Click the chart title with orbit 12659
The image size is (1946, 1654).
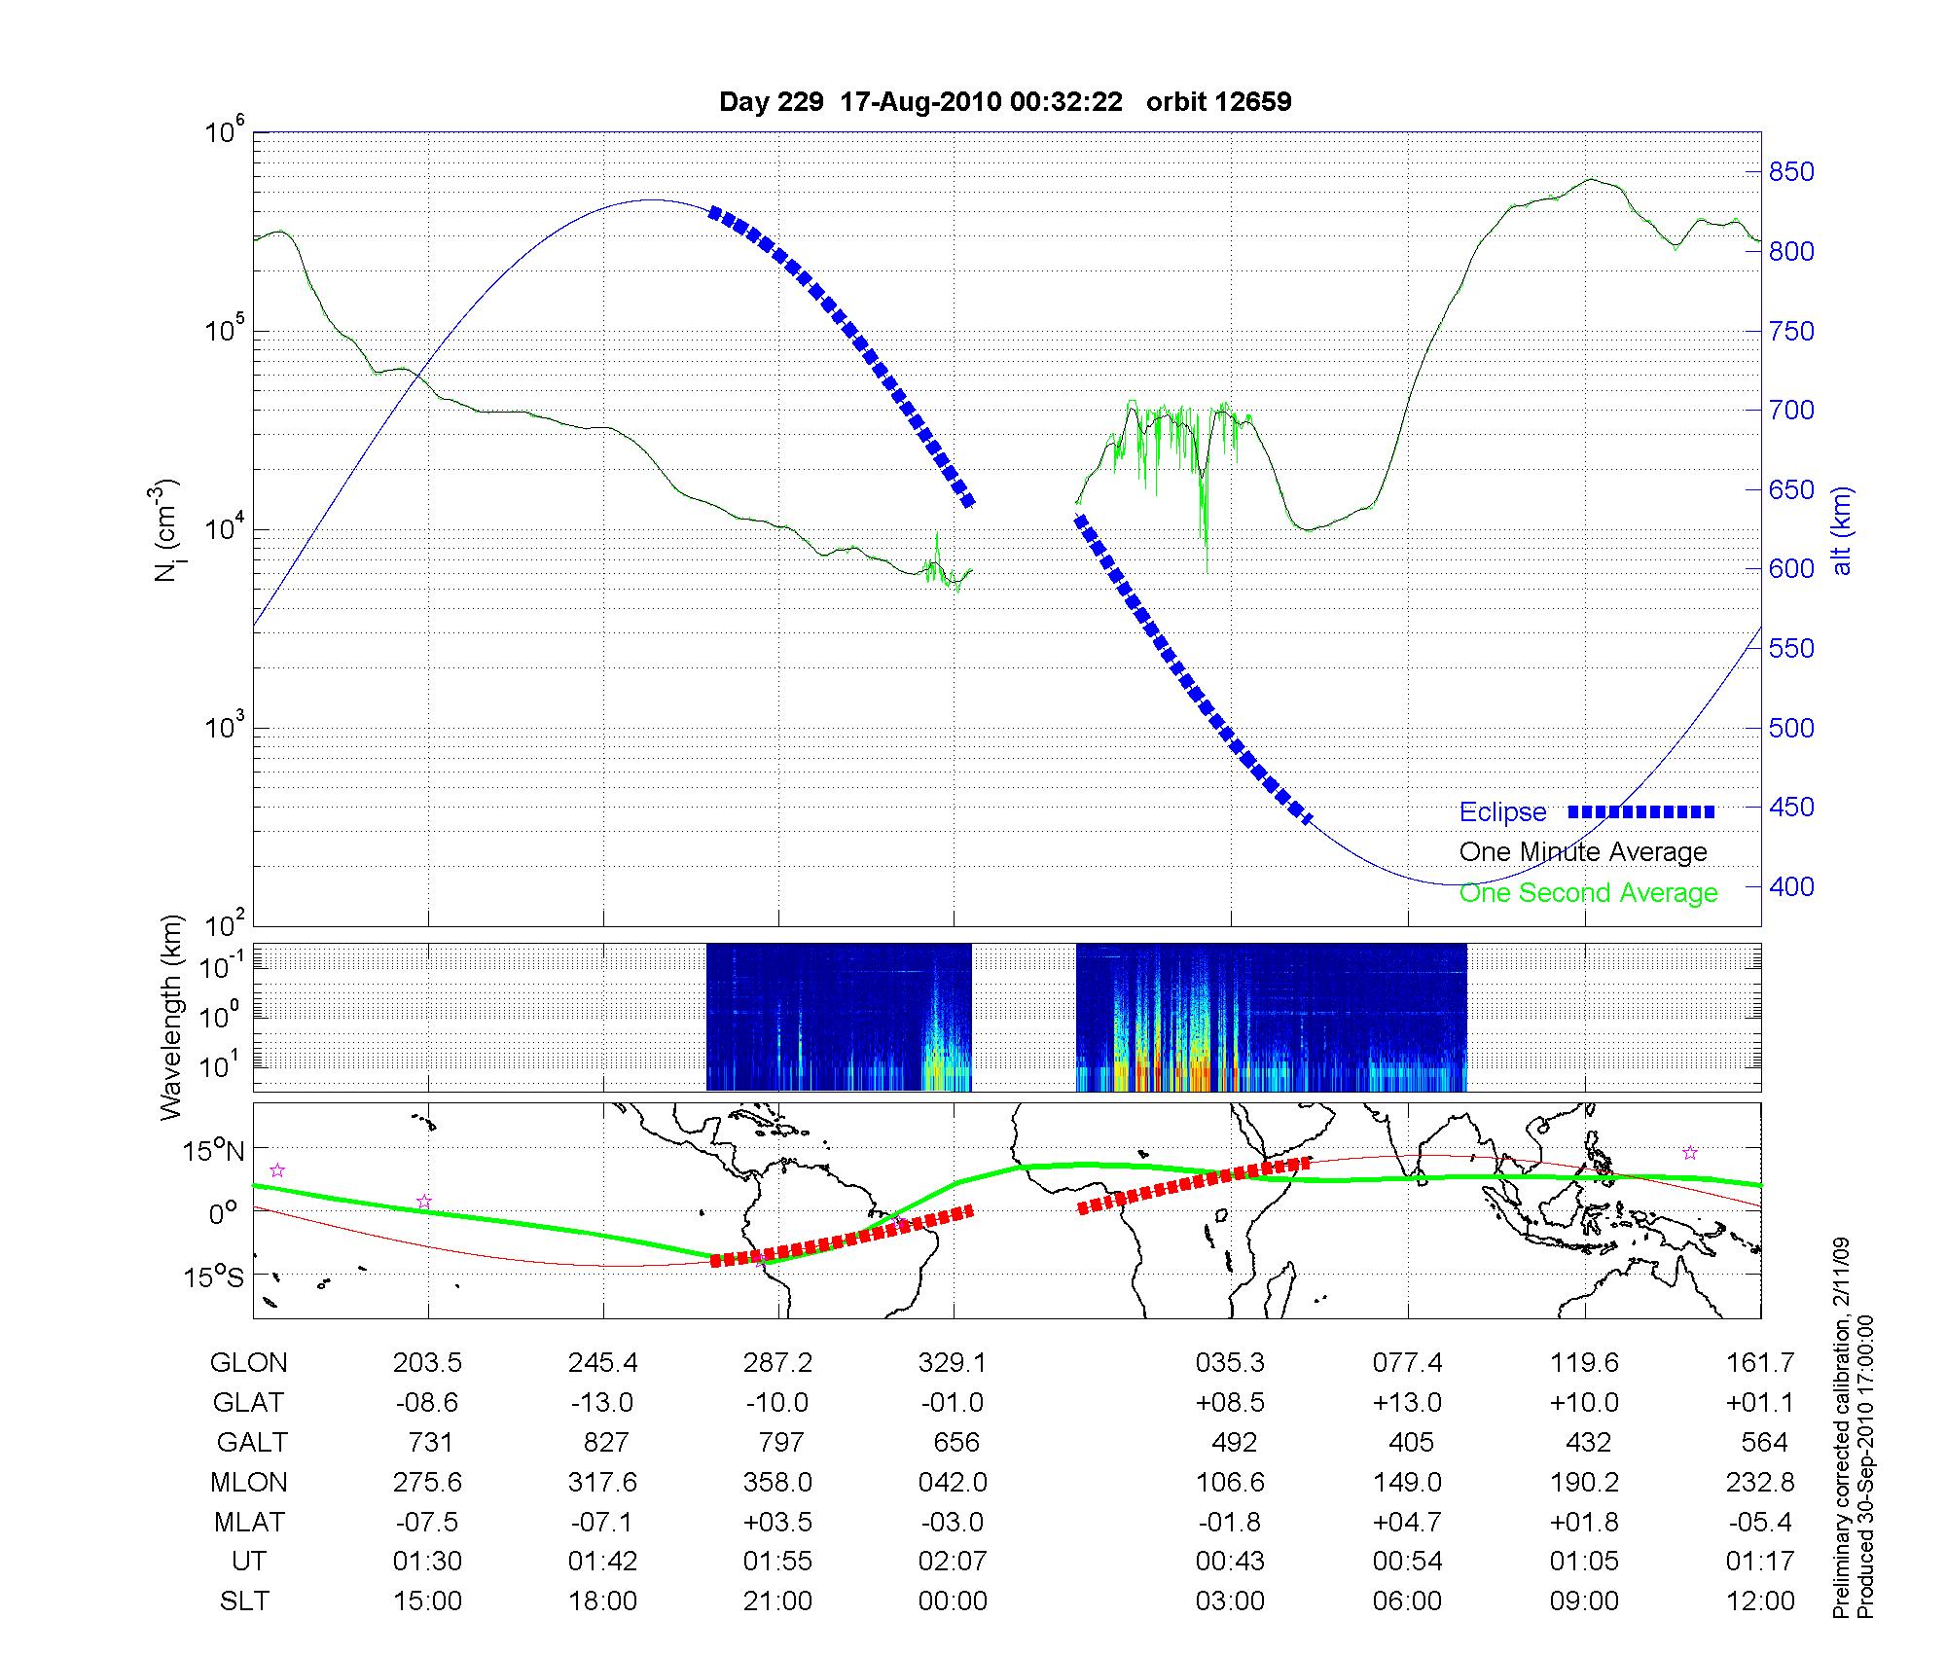[x=1005, y=102]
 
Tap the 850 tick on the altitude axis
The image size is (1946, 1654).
[x=1791, y=172]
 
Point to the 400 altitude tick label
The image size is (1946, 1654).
[x=1791, y=886]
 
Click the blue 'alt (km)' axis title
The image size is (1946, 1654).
[x=1842, y=531]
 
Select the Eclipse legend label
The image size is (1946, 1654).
[x=1502, y=812]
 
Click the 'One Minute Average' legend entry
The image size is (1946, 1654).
[x=1583, y=852]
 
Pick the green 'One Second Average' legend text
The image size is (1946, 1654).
[x=1588, y=893]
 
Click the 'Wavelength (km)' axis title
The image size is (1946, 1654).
[x=171, y=1018]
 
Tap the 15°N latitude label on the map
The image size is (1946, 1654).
[x=215, y=1152]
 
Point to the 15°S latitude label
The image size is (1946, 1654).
[x=215, y=1276]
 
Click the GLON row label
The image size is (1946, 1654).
[x=248, y=1363]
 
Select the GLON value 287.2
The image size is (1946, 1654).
[x=777, y=1363]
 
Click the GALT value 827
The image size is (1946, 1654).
[x=605, y=1442]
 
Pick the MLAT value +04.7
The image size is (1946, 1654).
[x=1407, y=1522]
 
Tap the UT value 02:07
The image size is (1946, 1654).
[x=953, y=1562]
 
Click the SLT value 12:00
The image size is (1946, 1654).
[x=1760, y=1601]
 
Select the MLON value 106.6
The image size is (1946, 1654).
[x=1231, y=1482]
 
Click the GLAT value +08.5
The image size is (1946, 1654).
[x=1231, y=1403]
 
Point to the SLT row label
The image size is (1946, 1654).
[x=244, y=1601]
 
